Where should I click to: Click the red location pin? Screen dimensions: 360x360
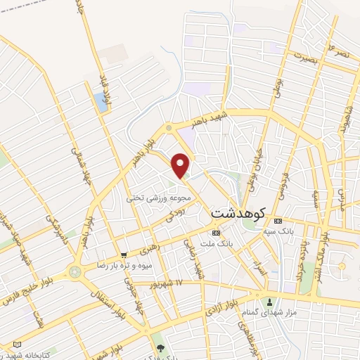pos(181,165)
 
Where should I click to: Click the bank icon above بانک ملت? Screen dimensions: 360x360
pos(216,233)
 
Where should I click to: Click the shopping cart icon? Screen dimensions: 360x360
pos(124,255)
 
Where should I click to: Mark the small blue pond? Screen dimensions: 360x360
pos(101,103)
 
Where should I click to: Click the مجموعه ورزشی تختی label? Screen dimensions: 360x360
pos(149,199)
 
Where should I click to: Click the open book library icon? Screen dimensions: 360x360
pos(16,345)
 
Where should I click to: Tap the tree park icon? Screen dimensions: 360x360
pos(161,347)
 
